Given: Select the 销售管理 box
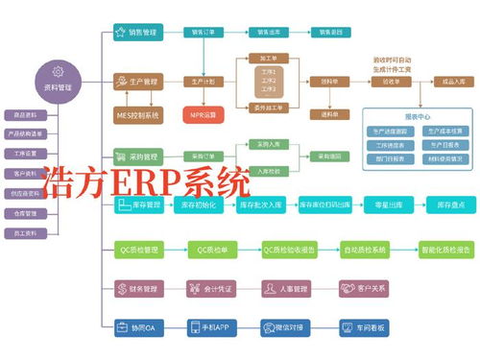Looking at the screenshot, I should click(x=136, y=32).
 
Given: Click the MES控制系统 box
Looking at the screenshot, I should click(x=137, y=114).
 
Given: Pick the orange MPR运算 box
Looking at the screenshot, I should click(x=203, y=114).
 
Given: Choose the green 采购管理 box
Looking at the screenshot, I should click(x=136, y=154).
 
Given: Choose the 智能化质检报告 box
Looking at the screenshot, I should click(x=445, y=250).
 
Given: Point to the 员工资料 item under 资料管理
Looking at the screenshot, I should click(x=27, y=232).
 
